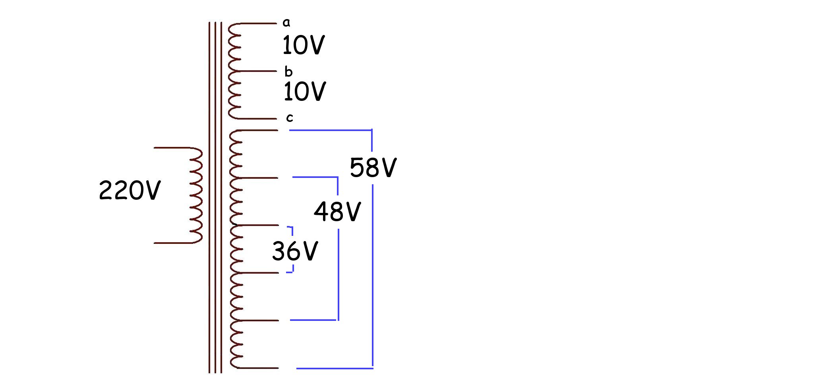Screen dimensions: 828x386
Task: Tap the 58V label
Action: click(373, 167)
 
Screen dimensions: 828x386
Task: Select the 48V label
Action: click(337, 211)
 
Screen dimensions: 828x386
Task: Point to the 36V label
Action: click(295, 251)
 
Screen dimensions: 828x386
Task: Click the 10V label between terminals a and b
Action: click(304, 45)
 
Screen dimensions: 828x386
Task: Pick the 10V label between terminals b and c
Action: click(305, 91)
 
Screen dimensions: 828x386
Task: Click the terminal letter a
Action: click(286, 23)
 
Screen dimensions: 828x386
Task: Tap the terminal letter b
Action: click(288, 71)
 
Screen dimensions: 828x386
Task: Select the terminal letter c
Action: click(290, 118)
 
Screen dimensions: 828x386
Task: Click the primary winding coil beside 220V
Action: click(196, 195)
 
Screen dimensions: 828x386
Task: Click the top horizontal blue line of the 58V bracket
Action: click(331, 130)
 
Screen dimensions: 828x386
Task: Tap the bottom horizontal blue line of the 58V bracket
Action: click(335, 368)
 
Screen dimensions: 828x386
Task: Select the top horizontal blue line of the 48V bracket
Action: click(315, 177)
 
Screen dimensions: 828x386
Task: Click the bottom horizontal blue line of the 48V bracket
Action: click(314, 320)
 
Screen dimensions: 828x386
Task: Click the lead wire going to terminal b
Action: click(257, 71)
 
